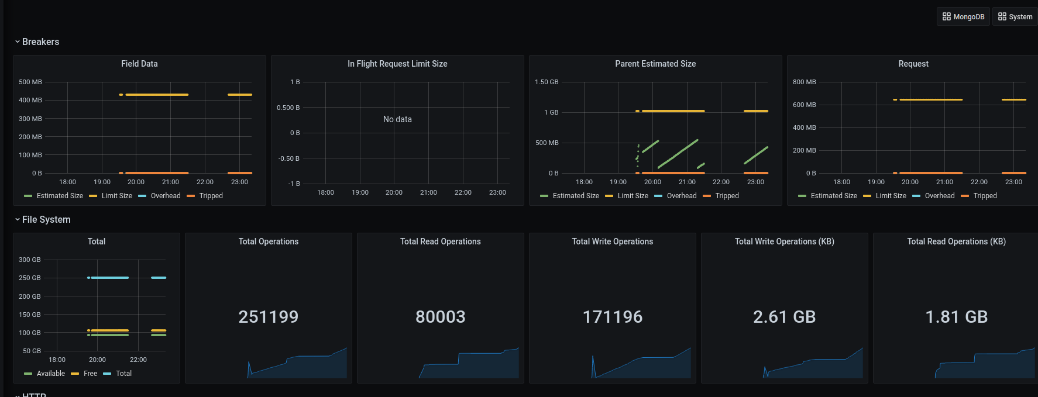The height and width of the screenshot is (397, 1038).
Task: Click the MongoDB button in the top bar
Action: (963, 17)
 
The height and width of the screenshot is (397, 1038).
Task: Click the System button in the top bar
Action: (1015, 17)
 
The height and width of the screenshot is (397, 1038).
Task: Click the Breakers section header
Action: (40, 42)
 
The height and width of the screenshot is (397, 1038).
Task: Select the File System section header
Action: (46, 220)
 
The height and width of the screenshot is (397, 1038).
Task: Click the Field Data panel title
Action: (139, 64)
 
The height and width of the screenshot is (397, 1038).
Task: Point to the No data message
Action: (397, 119)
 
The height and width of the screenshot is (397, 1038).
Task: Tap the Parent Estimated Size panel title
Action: (655, 64)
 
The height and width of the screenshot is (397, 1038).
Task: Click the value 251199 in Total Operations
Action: (269, 317)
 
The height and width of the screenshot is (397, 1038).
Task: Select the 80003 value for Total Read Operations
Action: (441, 317)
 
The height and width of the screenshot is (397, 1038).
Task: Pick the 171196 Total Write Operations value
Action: (613, 317)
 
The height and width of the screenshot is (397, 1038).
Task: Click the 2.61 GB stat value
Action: (784, 317)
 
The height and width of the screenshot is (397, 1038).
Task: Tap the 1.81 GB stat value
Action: (956, 317)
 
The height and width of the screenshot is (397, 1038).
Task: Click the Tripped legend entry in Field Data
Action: (211, 196)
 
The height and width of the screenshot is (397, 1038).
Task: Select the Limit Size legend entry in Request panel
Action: (891, 196)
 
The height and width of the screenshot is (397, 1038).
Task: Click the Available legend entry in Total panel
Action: (50, 374)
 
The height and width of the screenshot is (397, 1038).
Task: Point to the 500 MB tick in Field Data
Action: (30, 82)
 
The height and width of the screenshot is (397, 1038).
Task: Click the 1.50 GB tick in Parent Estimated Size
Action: (547, 82)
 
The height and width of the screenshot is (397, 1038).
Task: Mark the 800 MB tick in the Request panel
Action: (804, 82)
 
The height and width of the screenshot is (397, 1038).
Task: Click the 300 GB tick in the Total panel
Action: (30, 260)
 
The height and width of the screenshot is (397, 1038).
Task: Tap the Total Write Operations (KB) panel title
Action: (784, 241)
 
